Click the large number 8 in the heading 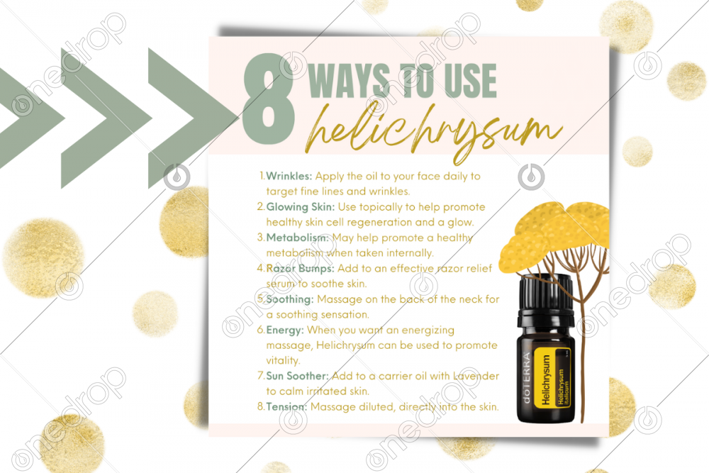pos(269,99)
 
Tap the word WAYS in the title pos(349,81)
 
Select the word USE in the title pos(470,81)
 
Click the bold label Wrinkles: pos(289,176)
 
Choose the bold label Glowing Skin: pos(300,206)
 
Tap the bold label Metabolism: pos(298,238)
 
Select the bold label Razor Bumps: pos(300,269)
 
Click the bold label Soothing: pos(289,299)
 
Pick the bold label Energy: pos(285,330)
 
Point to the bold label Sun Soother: pos(297,376)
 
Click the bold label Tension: pos(286,406)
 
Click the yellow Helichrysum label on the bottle pos(552,377)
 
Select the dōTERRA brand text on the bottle pos(526,377)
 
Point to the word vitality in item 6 pos(283,360)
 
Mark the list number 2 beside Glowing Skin pos(260,206)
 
